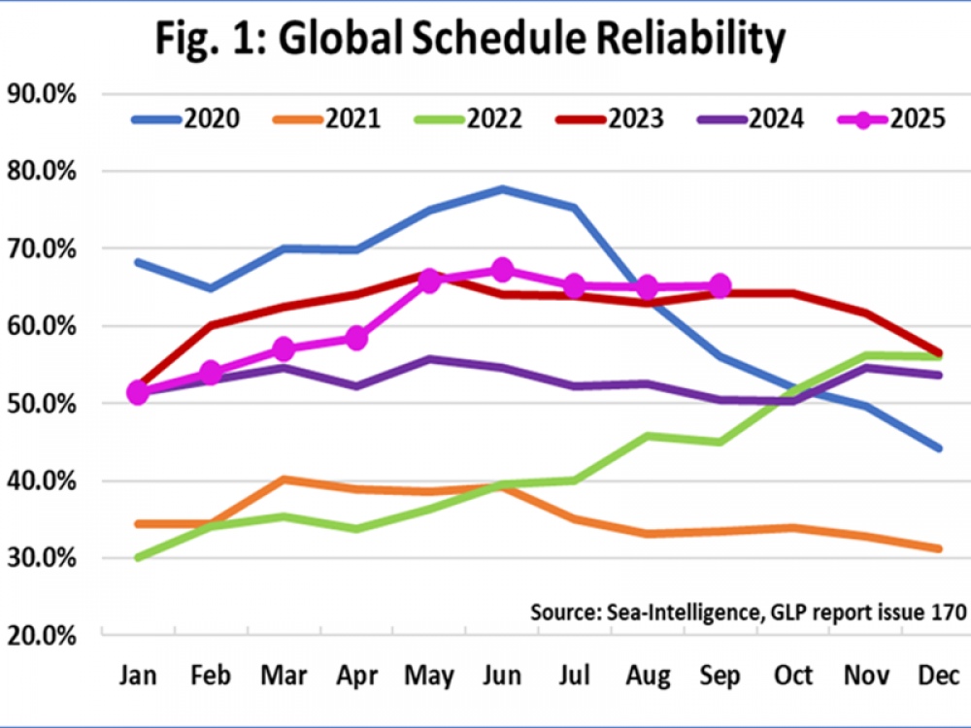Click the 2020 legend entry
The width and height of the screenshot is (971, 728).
[185, 119]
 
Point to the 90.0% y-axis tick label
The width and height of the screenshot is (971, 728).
[42, 94]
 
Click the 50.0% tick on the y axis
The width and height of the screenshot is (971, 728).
[42, 403]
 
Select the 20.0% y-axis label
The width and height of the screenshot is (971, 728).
[42, 636]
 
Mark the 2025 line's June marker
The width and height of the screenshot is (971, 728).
[502, 270]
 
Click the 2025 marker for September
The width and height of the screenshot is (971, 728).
[720, 285]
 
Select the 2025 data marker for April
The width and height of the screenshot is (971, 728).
[356, 338]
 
